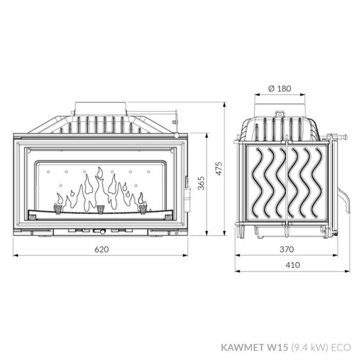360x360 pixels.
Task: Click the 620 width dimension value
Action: [x=100, y=249]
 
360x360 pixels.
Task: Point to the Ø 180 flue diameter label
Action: [x=280, y=88]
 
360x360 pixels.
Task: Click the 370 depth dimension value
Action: [x=287, y=249]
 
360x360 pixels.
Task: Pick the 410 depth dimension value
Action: [x=292, y=265]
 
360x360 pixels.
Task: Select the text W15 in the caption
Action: [x=278, y=347]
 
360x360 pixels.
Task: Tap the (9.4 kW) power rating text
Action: [x=309, y=347]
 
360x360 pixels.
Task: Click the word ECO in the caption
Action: [x=341, y=347]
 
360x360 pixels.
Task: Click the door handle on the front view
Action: [x=187, y=194]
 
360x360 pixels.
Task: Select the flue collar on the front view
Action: [x=101, y=108]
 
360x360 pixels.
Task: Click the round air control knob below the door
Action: [x=103, y=232]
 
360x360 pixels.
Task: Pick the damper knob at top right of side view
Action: [x=345, y=137]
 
